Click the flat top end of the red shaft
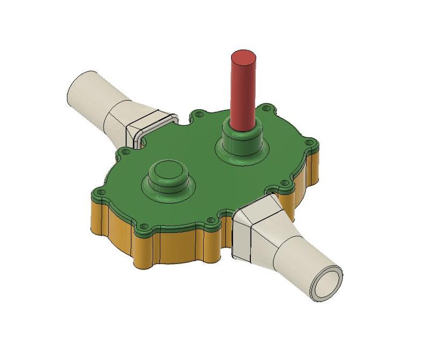point(243,56)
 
